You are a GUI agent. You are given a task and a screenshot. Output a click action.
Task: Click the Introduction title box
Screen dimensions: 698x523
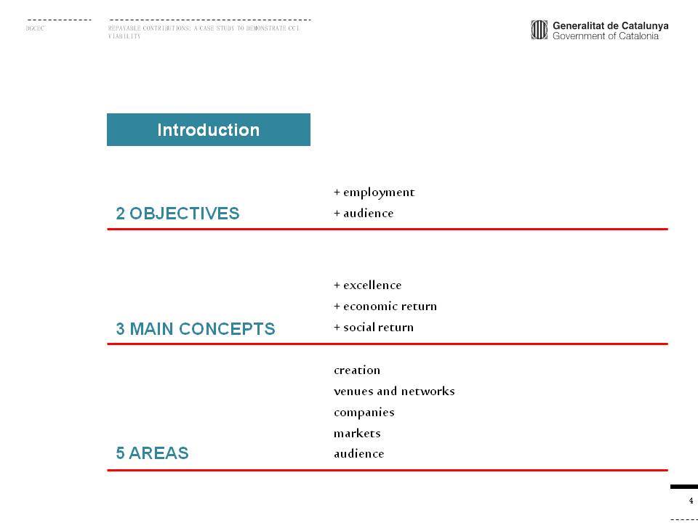[x=209, y=129]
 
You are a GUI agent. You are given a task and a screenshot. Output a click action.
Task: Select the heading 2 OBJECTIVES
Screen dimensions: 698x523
[x=177, y=214]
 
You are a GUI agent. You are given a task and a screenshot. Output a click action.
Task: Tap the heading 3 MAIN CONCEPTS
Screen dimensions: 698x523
[x=196, y=328]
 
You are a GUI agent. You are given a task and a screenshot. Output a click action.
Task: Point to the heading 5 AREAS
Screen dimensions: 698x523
[x=152, y=453]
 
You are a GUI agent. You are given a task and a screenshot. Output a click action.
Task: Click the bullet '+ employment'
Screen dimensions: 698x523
[x=374, y=192]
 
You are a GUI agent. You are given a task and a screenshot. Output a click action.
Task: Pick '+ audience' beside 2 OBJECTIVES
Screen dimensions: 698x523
[x=364, y=214]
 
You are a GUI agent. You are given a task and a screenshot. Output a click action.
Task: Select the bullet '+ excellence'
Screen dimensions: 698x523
[x=367, y=285]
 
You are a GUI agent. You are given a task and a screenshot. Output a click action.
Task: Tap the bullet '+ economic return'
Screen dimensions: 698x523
[x=385, y=306]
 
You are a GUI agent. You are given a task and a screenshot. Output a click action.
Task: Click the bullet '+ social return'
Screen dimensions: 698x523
[x=374, y=328]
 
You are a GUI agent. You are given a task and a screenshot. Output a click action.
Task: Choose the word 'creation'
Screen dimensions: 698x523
[x=357, y=370]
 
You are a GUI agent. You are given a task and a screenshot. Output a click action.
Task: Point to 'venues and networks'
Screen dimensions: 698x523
[x=394, y=391]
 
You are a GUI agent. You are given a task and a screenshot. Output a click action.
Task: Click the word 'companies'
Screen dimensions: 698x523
[x=364, y=413]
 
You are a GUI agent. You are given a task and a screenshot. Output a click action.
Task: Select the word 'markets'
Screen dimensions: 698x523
[x=357, y=433]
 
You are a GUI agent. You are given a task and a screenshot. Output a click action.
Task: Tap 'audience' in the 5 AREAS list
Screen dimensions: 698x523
[x=358, y=453]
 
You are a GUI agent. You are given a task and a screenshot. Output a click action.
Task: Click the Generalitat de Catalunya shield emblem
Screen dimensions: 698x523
[x=539, y=30]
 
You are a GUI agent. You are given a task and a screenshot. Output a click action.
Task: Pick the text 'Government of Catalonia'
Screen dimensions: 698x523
[x=606, y=36]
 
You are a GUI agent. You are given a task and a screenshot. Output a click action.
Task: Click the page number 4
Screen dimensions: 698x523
[x=691, y=500]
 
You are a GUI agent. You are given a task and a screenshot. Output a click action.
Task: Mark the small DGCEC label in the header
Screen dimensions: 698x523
[x=35, y=28]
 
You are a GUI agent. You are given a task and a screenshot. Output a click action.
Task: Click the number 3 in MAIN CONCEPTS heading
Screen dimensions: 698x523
[x=120, y=328]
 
